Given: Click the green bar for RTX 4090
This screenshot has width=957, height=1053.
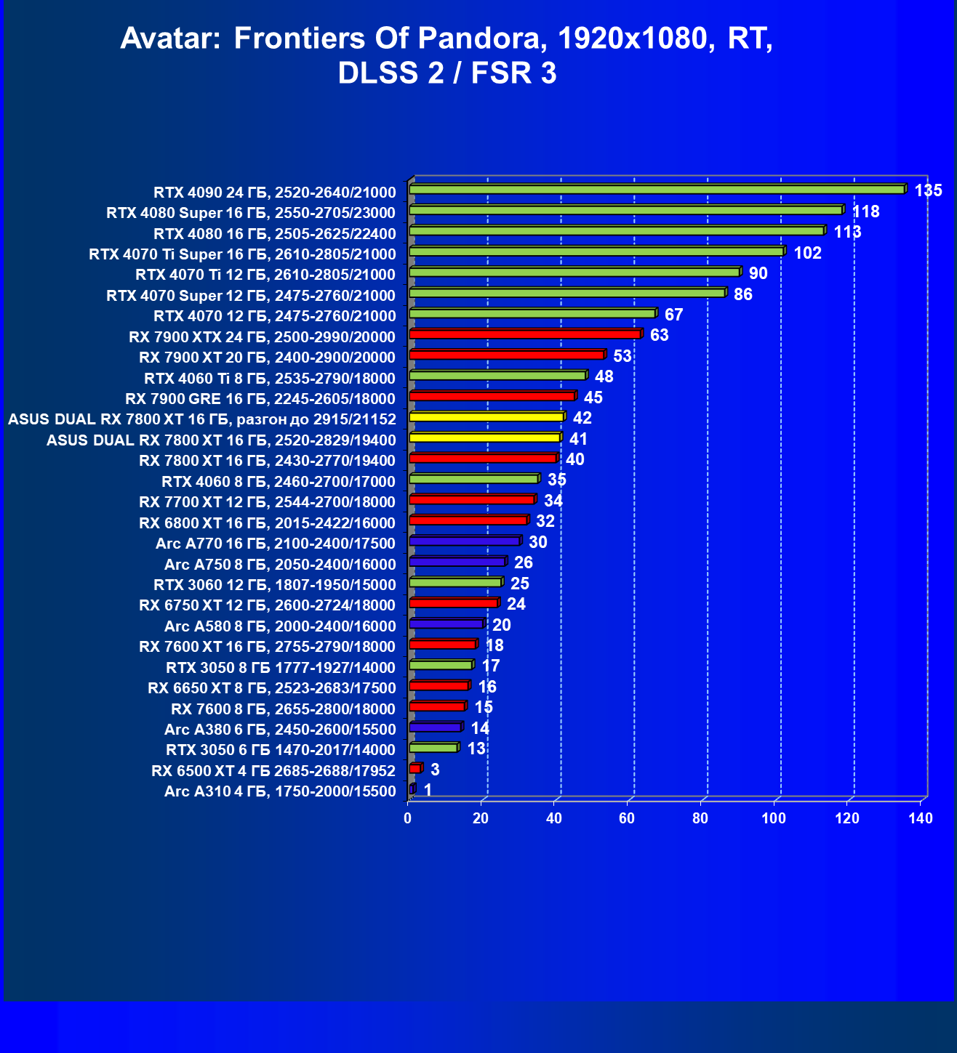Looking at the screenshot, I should (x=657, y=190).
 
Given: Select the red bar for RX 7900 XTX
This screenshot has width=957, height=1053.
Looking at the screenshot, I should (x=525, y=334).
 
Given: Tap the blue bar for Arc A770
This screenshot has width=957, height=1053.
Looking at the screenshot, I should (x=465, y=541).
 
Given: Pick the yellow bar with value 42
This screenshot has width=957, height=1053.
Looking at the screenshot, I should (x=486, y=417).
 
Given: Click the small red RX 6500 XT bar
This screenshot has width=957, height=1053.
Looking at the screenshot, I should (x=415, y=769).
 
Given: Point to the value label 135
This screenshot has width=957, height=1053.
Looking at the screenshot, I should (x=928, y=191).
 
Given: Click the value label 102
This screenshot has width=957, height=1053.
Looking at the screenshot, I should (x=807, y=253).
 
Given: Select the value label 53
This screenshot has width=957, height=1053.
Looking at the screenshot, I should (x=622, y=356).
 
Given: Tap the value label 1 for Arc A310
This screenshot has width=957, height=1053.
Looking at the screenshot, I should (x=428, y=790).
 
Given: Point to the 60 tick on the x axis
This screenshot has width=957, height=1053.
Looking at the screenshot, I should (x=627, y=819).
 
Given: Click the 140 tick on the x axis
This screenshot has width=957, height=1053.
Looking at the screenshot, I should (x=921, y=819).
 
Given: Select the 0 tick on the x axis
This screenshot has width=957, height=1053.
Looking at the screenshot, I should (x=408, y=819).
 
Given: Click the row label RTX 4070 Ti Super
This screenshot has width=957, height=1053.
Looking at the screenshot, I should (x=242, y=254).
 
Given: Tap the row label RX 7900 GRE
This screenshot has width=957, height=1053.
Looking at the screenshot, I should (x=260, y=399).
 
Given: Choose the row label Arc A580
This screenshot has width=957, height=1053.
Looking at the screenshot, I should (x=280, y=626).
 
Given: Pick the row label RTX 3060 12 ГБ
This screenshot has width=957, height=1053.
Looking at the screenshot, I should (x=275, y=585).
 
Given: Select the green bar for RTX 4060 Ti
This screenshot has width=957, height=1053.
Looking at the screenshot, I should (x=497, y=376).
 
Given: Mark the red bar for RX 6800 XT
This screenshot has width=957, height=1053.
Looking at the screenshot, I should (x=468, y=520).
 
